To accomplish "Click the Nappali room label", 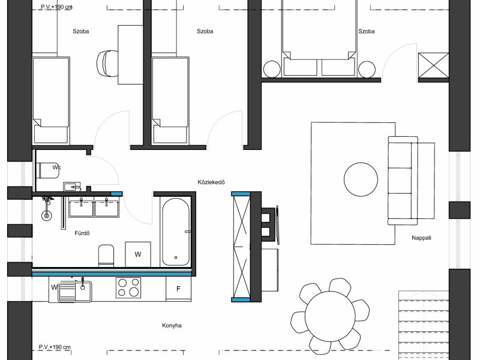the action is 421,238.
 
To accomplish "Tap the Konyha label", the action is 172,325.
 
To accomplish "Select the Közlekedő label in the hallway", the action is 211,182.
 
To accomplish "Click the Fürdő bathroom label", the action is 82,233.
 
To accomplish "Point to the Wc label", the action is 56,167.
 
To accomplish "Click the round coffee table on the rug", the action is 361,179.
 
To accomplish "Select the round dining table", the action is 330,316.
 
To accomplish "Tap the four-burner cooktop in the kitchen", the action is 128,288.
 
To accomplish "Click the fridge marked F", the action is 178,289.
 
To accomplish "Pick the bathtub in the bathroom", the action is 176,232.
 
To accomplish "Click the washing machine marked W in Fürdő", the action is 138,254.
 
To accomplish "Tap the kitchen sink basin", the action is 83,291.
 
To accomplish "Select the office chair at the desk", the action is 107,64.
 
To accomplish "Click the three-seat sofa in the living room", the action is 403,181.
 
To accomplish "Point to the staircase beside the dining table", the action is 424,325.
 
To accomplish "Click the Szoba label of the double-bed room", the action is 367,31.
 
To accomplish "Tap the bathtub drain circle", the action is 176,257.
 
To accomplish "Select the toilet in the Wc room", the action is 48,170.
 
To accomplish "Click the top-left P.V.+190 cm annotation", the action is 56,7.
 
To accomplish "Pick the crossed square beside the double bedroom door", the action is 433,65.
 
